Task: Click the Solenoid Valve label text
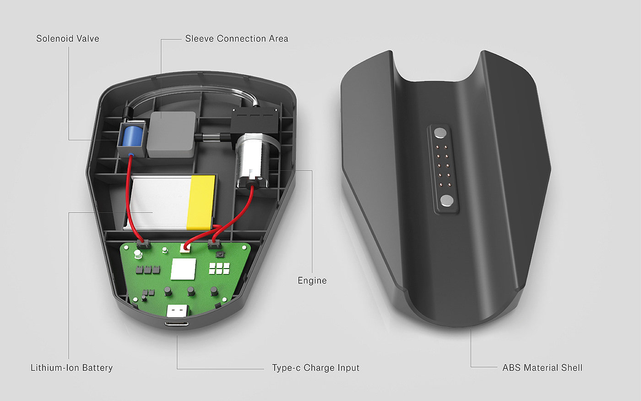(68, 38)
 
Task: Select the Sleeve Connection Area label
(237, 38)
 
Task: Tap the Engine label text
(312, 280)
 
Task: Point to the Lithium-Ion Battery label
(71, 368)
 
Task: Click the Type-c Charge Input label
(315, 368)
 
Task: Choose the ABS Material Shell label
(542, 368)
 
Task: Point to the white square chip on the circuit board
(183, 269)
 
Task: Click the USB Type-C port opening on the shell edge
(177, 324)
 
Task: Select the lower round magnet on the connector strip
(446, 200)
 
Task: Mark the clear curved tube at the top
(192, 92)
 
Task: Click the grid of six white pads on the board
(219, 268)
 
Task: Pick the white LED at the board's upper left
(137, 255)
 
